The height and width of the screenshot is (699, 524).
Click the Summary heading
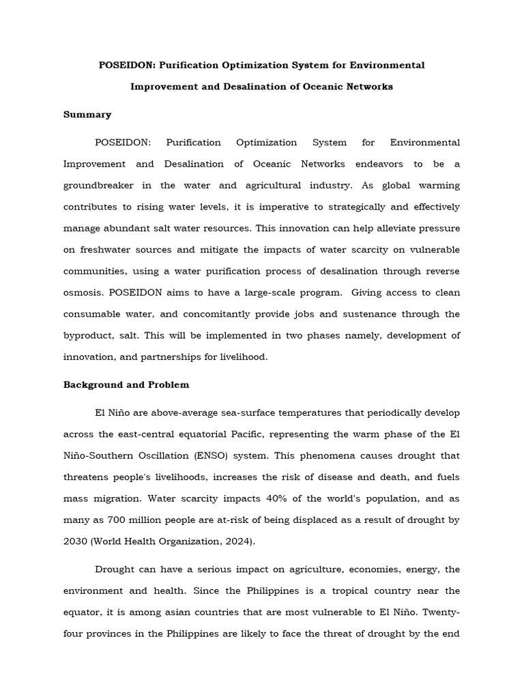(87, 115)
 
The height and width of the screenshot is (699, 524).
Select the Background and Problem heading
(126, 384)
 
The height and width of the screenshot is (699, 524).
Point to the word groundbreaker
(102, 186)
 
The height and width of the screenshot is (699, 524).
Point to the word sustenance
(371, 314)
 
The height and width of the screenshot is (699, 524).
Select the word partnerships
(162, 356)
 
